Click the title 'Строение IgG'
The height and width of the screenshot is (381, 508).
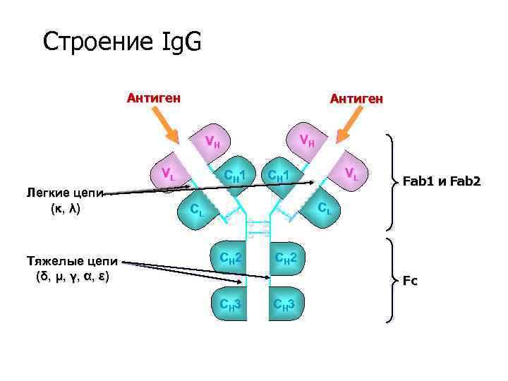(122, 42)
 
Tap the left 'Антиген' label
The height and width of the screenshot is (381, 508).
(153, 97)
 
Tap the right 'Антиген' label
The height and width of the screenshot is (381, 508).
(357, 99)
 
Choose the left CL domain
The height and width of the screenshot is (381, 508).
(199, 210)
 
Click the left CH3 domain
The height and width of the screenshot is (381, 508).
(230, 305)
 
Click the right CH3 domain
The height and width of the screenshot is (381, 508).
(288, 305)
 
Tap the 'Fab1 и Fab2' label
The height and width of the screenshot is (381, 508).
(442, 181)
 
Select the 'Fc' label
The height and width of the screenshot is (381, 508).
(410, 281)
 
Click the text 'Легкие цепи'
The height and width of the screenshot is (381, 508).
(64, 193)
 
